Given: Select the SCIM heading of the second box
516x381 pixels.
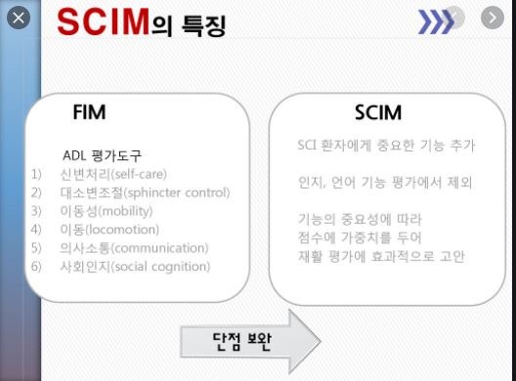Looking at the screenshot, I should tap(379, 112).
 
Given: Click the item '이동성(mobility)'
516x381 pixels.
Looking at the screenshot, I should tap(111, 210).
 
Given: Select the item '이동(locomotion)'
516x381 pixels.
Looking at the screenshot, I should tap(116, 229).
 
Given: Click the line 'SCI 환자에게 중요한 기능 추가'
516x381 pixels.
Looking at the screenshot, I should tap(386, 146).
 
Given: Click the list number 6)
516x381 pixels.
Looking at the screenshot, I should tap(37, 266).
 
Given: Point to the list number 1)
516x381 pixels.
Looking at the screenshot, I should tap(37, 174).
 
